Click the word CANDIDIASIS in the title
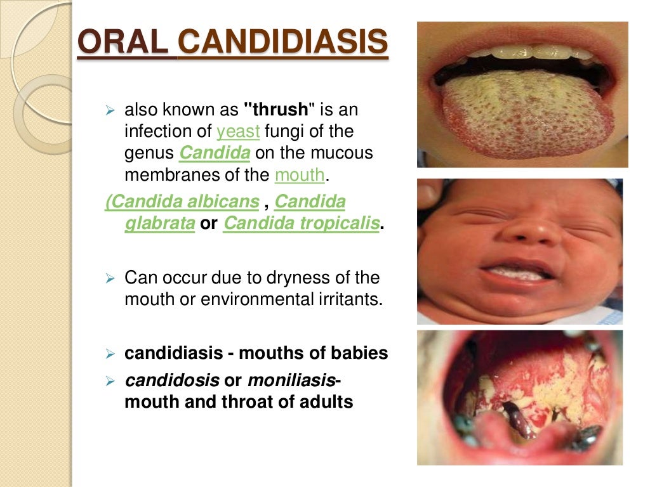tap(283, 43)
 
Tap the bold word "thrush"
tap(280, 110)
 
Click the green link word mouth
tap(300, 175)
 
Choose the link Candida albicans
tap(183, 202)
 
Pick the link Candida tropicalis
tap(301, 224)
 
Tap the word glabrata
tap(159, 224)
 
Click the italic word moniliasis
tap(291, 380)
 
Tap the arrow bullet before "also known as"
tap(109, 111)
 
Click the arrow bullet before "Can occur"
tap(109, 279)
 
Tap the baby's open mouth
tap(517, 273)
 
